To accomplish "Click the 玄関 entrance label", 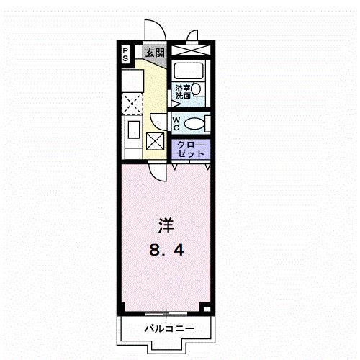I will [x=154, y=53].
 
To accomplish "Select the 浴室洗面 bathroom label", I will [x=182, y=91].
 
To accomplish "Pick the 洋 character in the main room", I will [x=165, y=225].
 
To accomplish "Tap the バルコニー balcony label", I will [x=166, y=328].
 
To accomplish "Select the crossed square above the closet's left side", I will [x=155, y=140].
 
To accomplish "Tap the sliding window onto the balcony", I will [x=166, y=313].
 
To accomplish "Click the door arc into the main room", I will [x=157, y=171].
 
